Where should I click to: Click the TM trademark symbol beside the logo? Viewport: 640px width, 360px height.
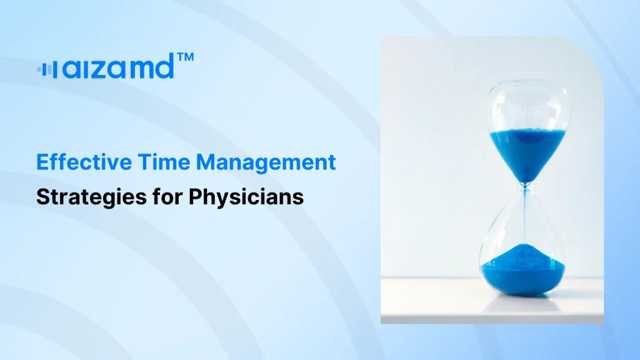185,57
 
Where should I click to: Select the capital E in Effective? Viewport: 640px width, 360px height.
42,162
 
